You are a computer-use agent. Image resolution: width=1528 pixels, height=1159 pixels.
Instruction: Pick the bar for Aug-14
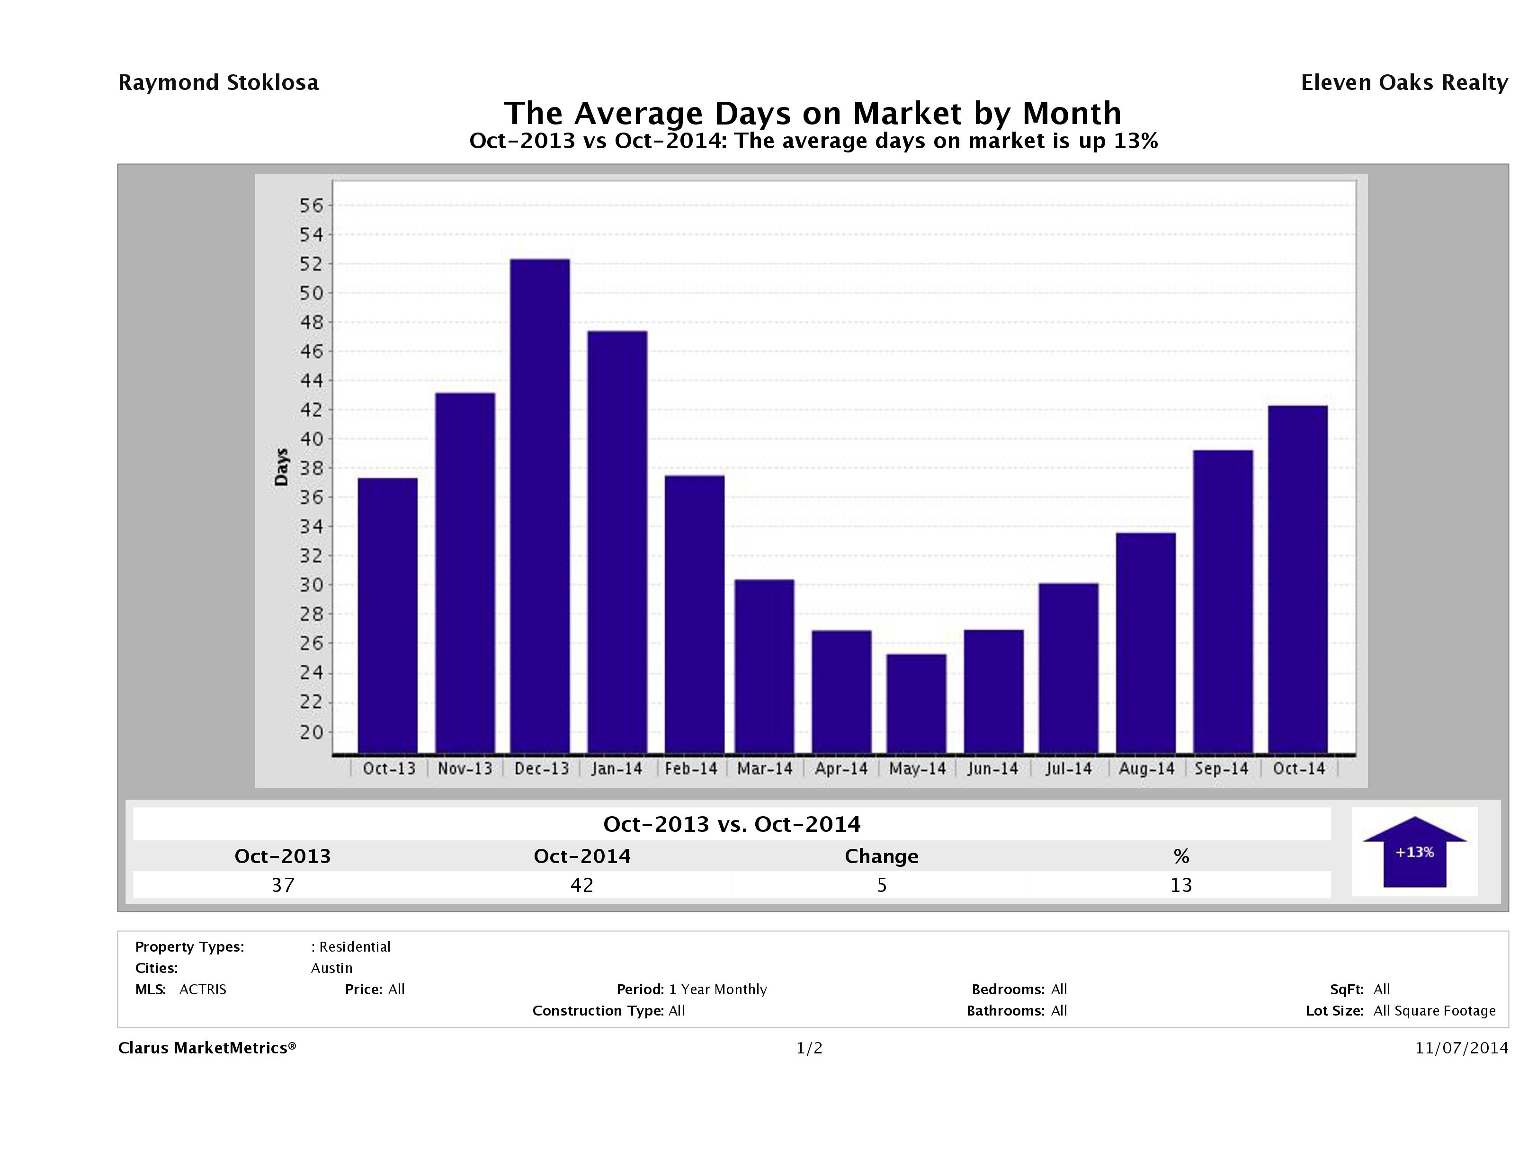pyautogui.click(x=1145, y=642)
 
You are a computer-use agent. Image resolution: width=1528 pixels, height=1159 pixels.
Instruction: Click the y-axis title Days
pyautogui.click(x=281, y=467)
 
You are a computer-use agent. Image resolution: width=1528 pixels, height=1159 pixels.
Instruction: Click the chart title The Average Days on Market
pyautogui.click(x=813, y=113)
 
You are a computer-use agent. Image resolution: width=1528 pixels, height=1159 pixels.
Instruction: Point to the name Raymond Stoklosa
pyautogui.click(x=218, y=83)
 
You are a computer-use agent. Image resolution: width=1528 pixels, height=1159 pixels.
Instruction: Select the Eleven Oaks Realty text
pyautogui.click(x=1403, y=83)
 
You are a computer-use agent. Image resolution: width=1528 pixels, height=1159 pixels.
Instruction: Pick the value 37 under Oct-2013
pyautogui.click(x=283, y=885)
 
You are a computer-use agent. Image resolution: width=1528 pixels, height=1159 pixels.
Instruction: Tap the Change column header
pyautogui.click(x=882, y=856)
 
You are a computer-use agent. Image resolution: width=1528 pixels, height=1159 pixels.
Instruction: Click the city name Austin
pyautogui.click(x=331, y=968)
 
